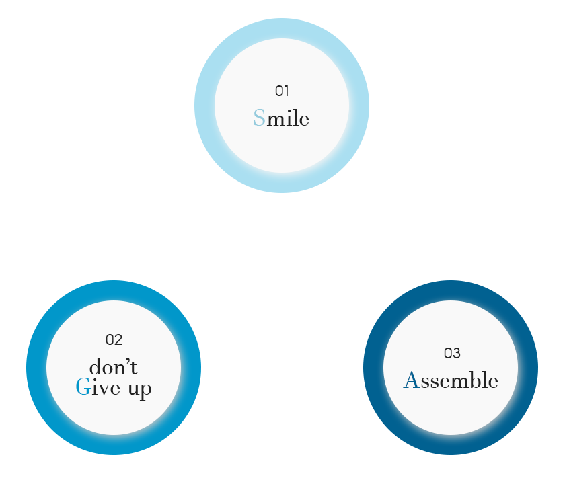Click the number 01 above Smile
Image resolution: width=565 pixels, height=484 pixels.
tap(282, 91)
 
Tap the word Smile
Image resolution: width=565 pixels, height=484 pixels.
tap(281, 119)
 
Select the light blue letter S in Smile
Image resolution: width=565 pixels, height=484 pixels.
tap(259, 118)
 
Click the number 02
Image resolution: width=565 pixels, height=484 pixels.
tap(114, 340)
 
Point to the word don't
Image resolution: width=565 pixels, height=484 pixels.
tap(114, 367)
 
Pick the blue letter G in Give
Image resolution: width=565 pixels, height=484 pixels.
tap(82, 387)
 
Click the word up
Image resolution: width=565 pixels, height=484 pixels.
tap(139, 389)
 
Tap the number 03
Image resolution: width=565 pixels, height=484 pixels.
tap(452, 353)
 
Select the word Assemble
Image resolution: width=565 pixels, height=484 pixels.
tap(451, 380)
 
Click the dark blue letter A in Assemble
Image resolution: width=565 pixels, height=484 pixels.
tap(411, 380)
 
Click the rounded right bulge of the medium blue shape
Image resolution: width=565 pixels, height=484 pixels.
tap(192, 368)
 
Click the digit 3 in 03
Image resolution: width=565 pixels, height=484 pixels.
tap(456, 353)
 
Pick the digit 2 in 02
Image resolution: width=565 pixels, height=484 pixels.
tap(118, 340)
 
